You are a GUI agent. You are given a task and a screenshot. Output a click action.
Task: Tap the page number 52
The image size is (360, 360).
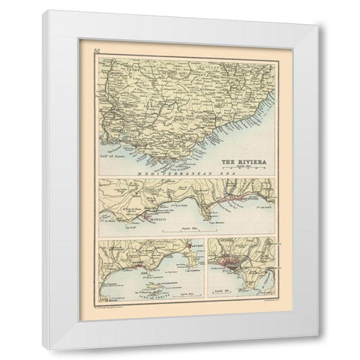[96, 51]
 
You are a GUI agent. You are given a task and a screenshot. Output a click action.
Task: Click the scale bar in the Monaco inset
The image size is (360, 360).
[187, 230]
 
